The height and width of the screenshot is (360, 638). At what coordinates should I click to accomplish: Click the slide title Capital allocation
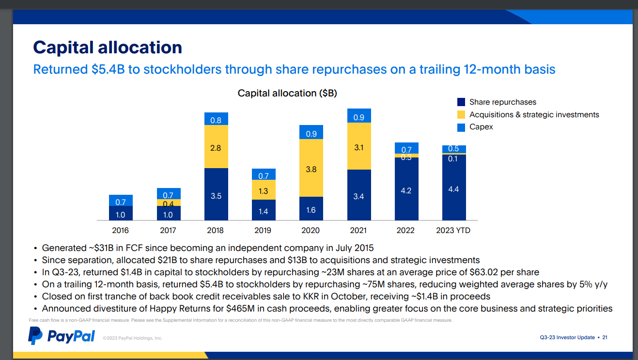[x=108, y=47]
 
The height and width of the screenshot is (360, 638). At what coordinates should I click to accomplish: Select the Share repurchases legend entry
[x=502, y=102]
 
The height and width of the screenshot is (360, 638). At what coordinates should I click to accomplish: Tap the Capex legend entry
[x=481, y=127]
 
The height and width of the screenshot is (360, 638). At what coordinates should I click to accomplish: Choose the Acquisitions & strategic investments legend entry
[x=534, y=115]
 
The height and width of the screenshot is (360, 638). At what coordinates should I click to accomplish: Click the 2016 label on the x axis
[x=120, y=231]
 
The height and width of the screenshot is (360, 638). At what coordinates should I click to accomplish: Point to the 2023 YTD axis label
[x=453, y=231]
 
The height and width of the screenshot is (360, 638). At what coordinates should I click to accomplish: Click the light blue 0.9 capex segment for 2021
[x=359, y=116]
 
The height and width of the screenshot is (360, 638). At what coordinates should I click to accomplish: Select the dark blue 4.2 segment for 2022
[x=406, y=190]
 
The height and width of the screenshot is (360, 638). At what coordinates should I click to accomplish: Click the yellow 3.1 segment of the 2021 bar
[x=359, y=146]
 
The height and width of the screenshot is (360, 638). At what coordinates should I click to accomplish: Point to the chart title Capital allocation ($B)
[x=287, y=93]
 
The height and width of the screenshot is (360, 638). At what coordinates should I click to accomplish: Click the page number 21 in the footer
[x=605, y=337]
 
